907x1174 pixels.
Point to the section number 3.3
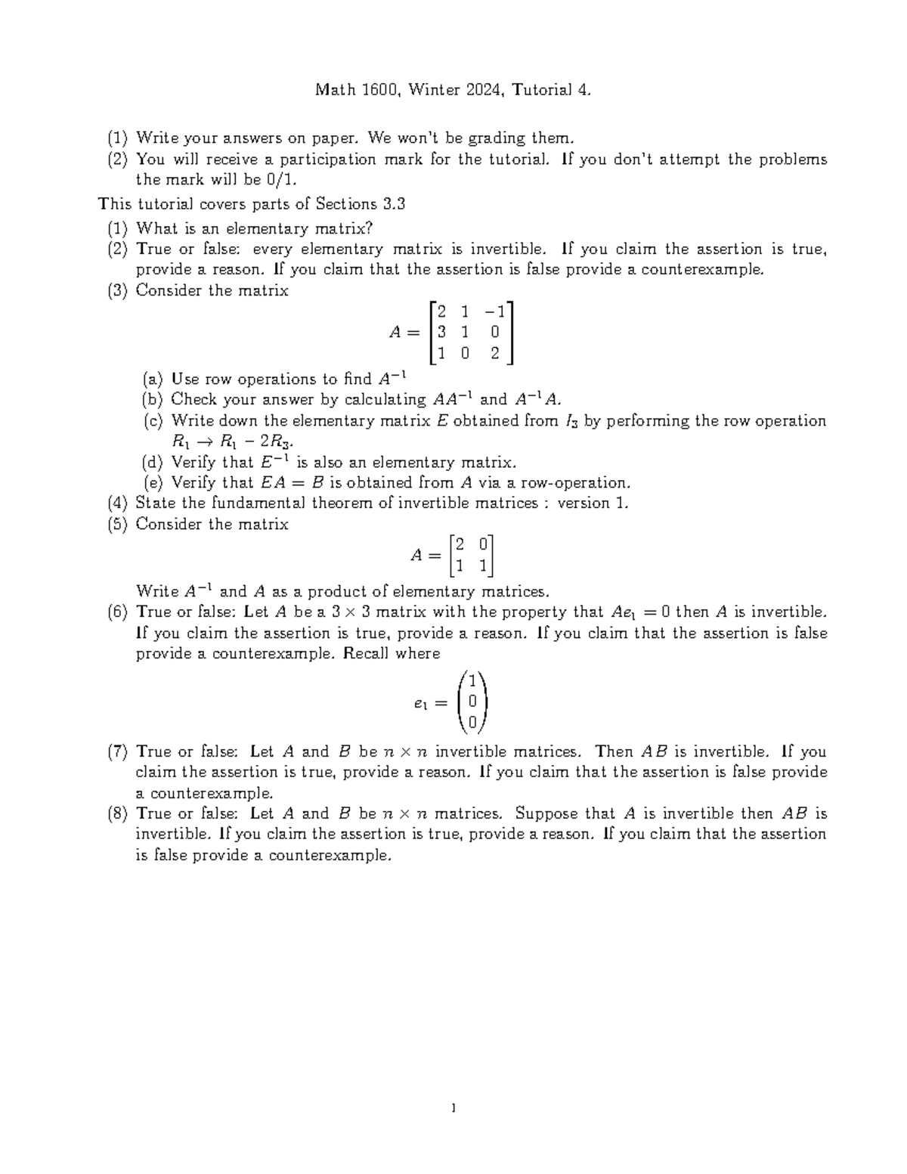(394, 204)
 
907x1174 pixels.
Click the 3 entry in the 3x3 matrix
(441, 331)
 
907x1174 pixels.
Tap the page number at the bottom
(453, 1109)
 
